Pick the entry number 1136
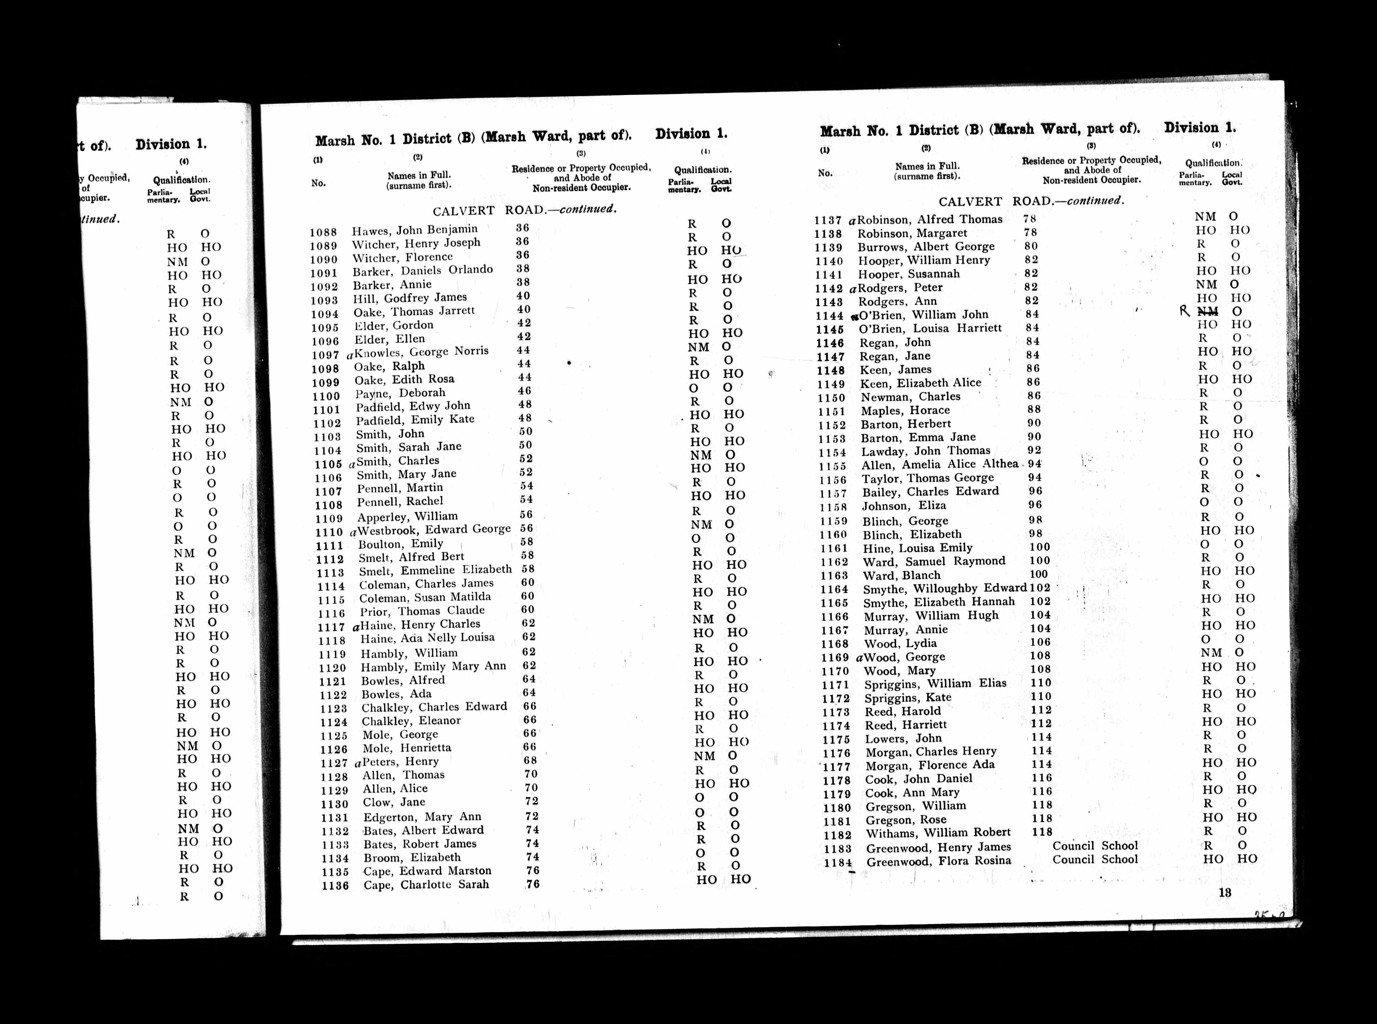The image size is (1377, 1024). click(x=335, y=886)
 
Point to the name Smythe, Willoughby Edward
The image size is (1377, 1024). click(x=945, y=588)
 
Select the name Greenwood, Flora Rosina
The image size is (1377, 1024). click(x=939, y=862)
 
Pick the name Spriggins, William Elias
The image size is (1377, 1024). click(x=935, y=684)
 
